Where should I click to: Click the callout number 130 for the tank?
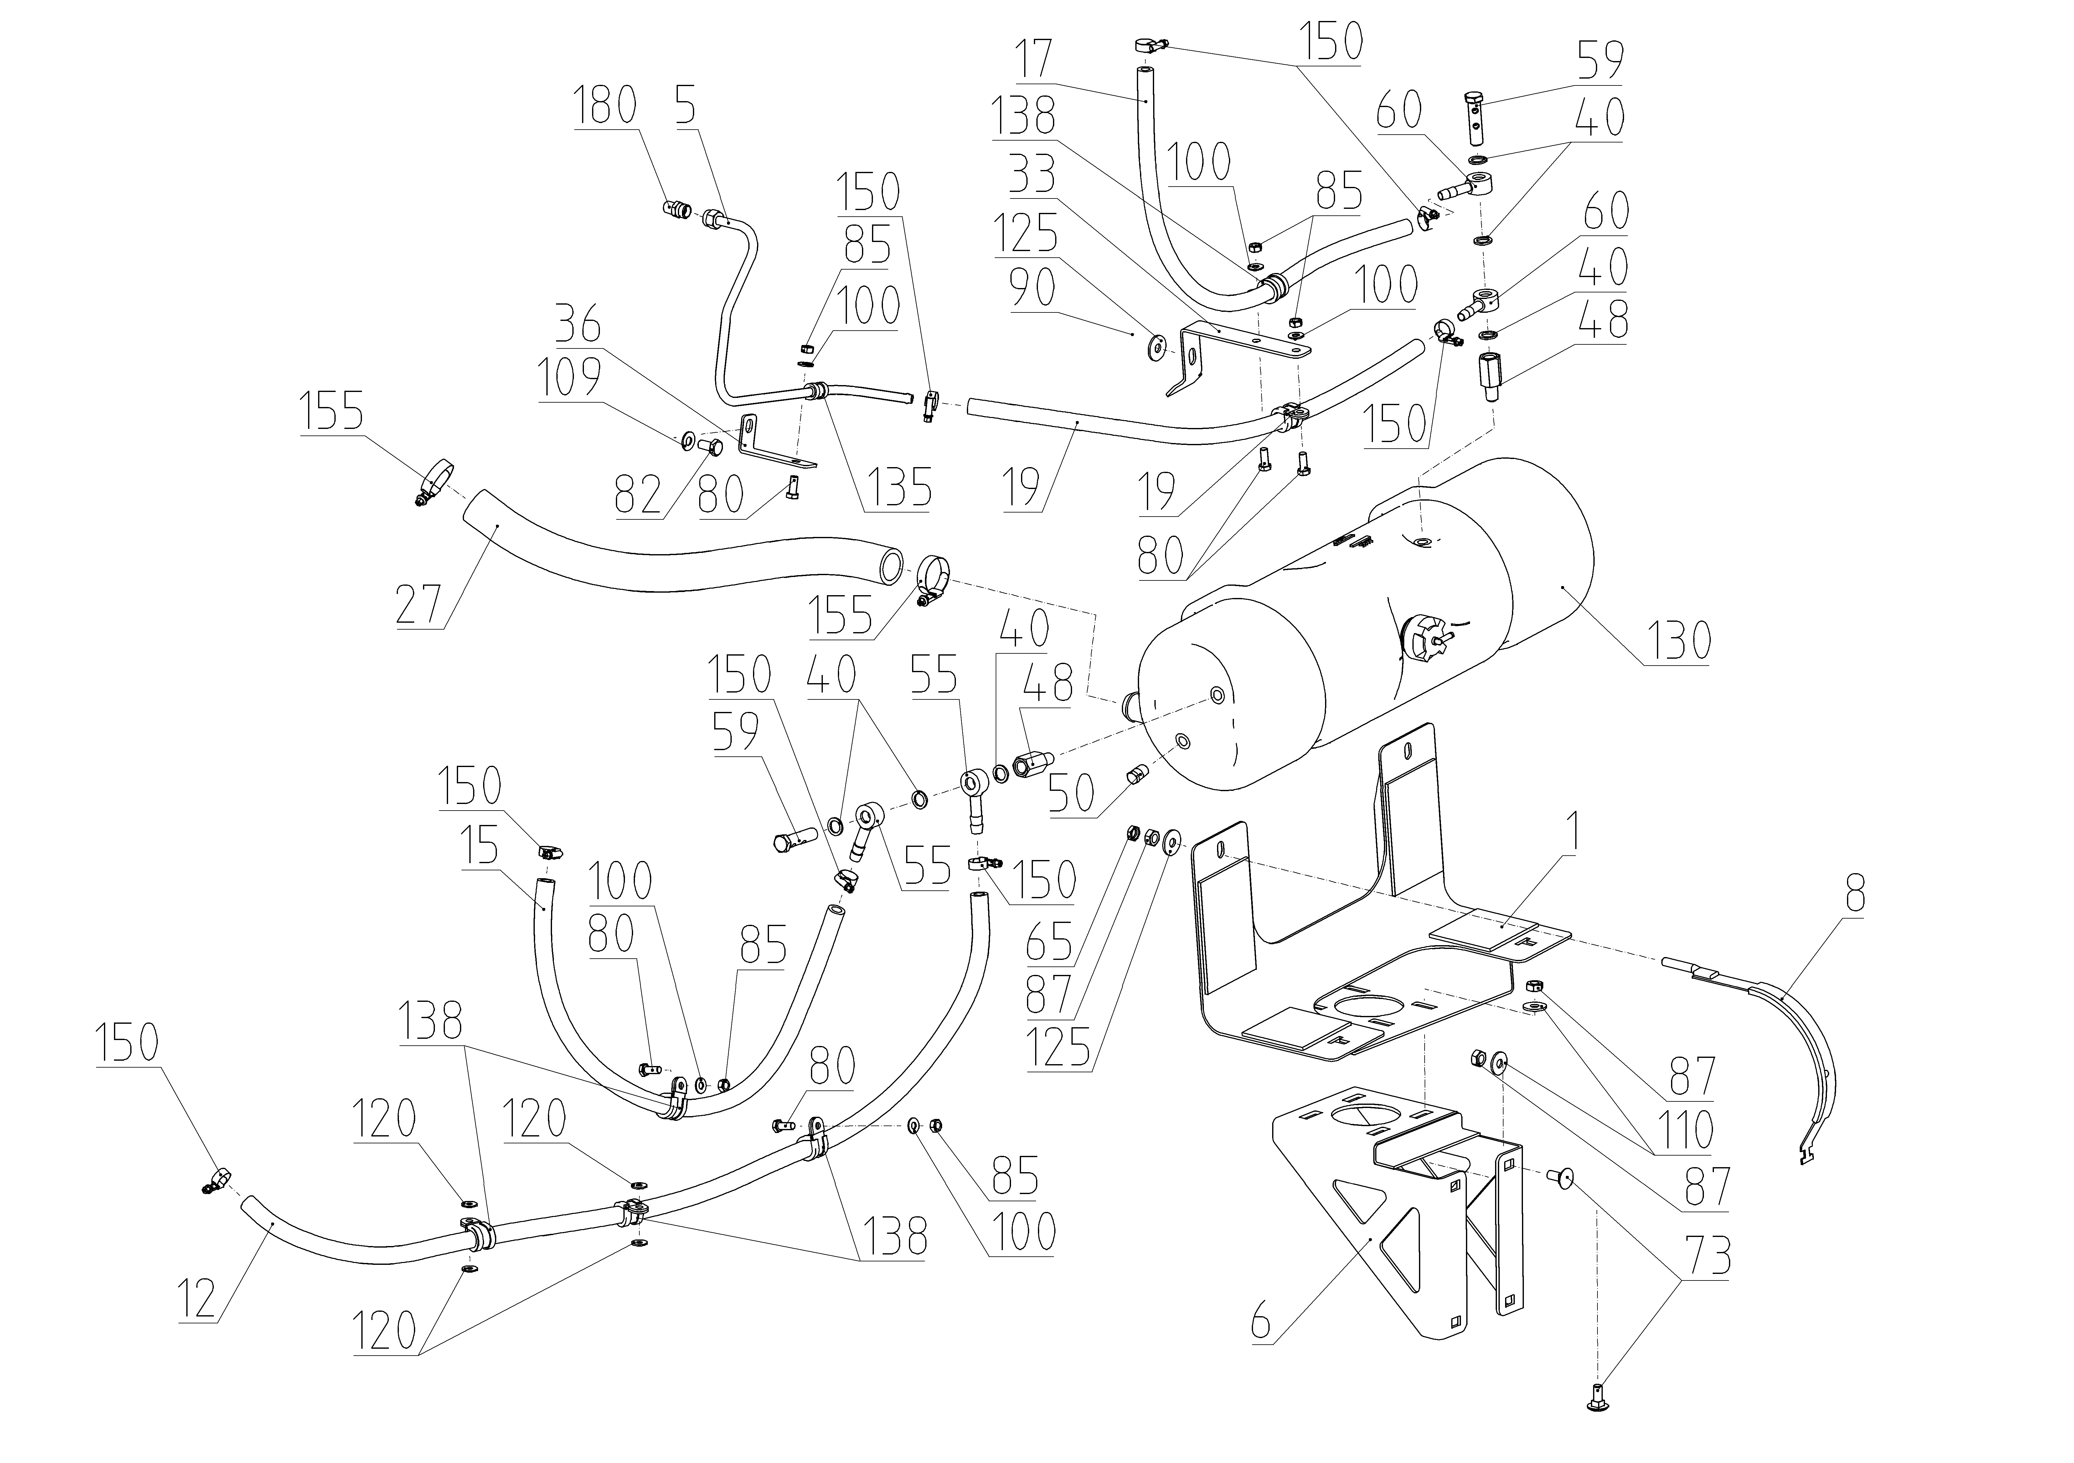tap(1676, 641)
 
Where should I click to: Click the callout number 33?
tap(1033, 174)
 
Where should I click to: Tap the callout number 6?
tap(1261, 1325)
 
